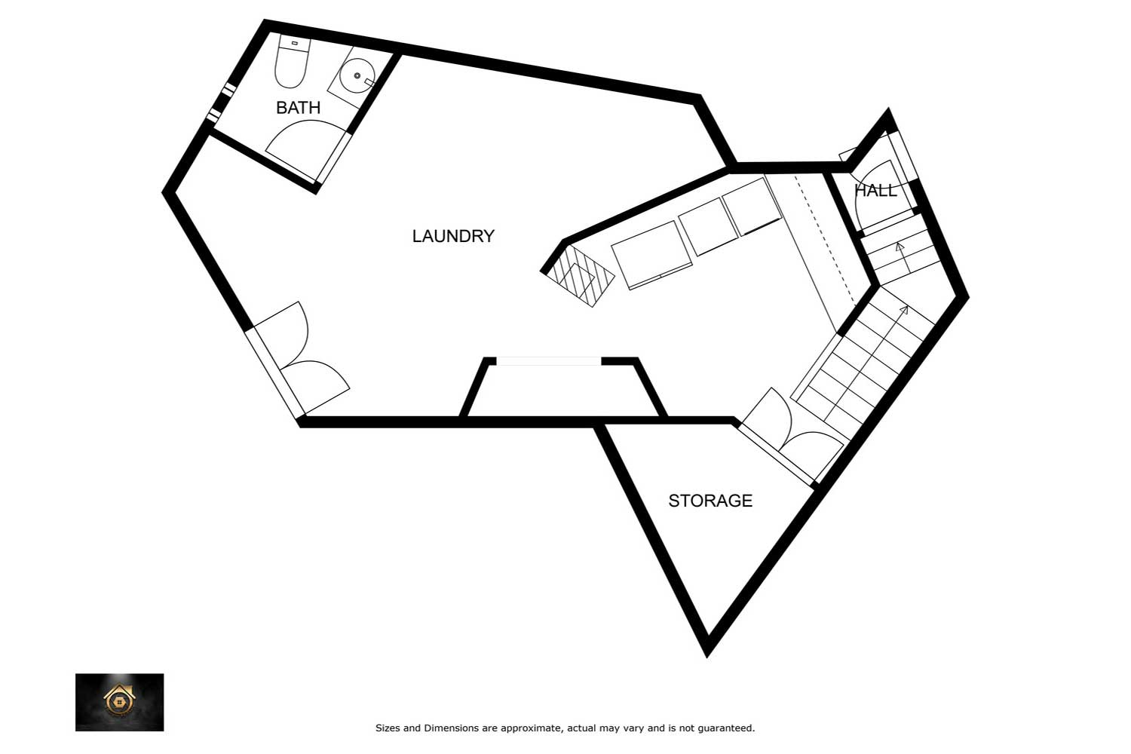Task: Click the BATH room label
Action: point(298,108)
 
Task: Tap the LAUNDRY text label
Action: point(453,236)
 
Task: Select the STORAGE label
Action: point(710,501)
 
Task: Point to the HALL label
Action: point(875,191)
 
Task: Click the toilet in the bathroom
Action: point(292,63)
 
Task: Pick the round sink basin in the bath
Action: point(356,75)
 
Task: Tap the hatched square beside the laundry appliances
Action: point(581,276)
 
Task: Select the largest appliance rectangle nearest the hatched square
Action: point(651,256)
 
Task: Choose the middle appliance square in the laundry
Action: point(708,227)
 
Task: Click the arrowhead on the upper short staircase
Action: point(900,247)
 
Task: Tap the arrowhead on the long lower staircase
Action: point(904,310)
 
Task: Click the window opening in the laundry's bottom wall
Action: point(549,361)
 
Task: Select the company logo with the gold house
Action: point(120,702)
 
